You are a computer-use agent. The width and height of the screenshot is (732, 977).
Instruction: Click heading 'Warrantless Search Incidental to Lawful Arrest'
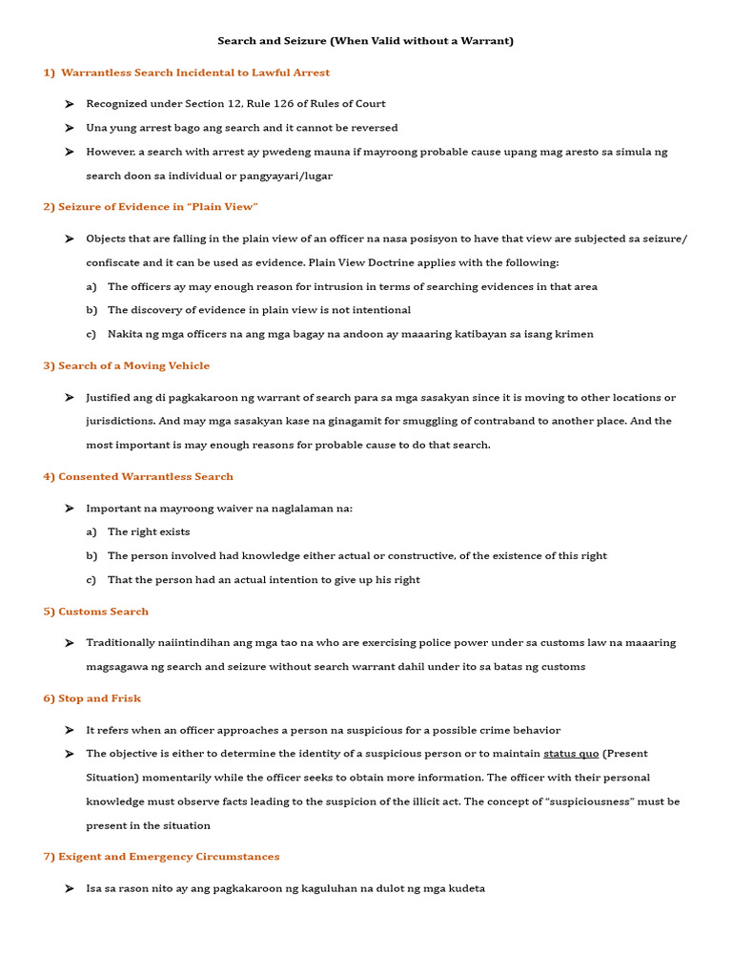point(195,73)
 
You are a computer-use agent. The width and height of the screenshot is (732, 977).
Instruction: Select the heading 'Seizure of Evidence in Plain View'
point(157,207)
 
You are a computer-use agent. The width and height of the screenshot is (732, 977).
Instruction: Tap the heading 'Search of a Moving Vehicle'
point(133,365)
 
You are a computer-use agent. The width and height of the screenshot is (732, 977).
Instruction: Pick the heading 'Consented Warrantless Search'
point(145,476)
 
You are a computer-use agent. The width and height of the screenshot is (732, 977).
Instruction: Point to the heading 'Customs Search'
point(103,611)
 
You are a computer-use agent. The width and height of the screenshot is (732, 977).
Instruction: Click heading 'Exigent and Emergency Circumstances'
point(169,857)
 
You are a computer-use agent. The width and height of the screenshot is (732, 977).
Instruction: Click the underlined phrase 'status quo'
point(571,754)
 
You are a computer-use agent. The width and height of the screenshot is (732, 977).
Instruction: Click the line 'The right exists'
point(149,531)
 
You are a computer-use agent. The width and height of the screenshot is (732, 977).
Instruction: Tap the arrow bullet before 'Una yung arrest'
point(70,128)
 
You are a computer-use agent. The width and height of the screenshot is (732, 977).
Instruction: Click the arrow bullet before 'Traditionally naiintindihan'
point(70,643)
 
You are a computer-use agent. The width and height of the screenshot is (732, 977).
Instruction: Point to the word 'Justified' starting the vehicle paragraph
point(108,397)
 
